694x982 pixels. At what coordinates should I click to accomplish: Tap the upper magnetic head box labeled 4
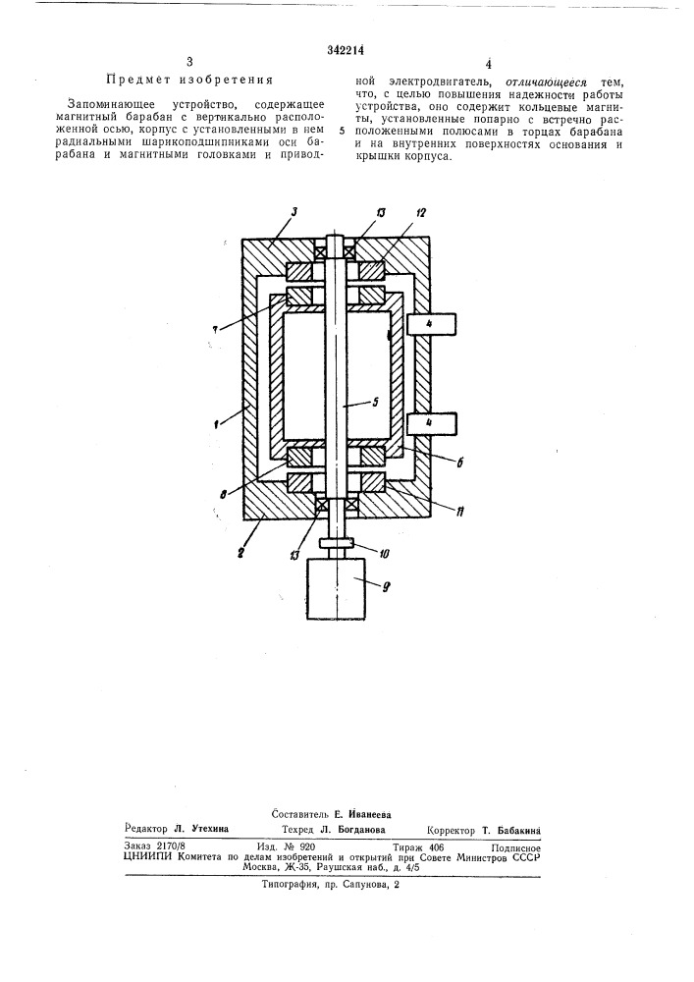click(433, 323)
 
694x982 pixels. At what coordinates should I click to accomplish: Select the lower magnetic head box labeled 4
click(433, 422)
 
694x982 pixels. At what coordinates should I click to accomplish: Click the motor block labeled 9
click(337, 588)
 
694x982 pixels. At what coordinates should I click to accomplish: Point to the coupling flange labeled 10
click(337, 544)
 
